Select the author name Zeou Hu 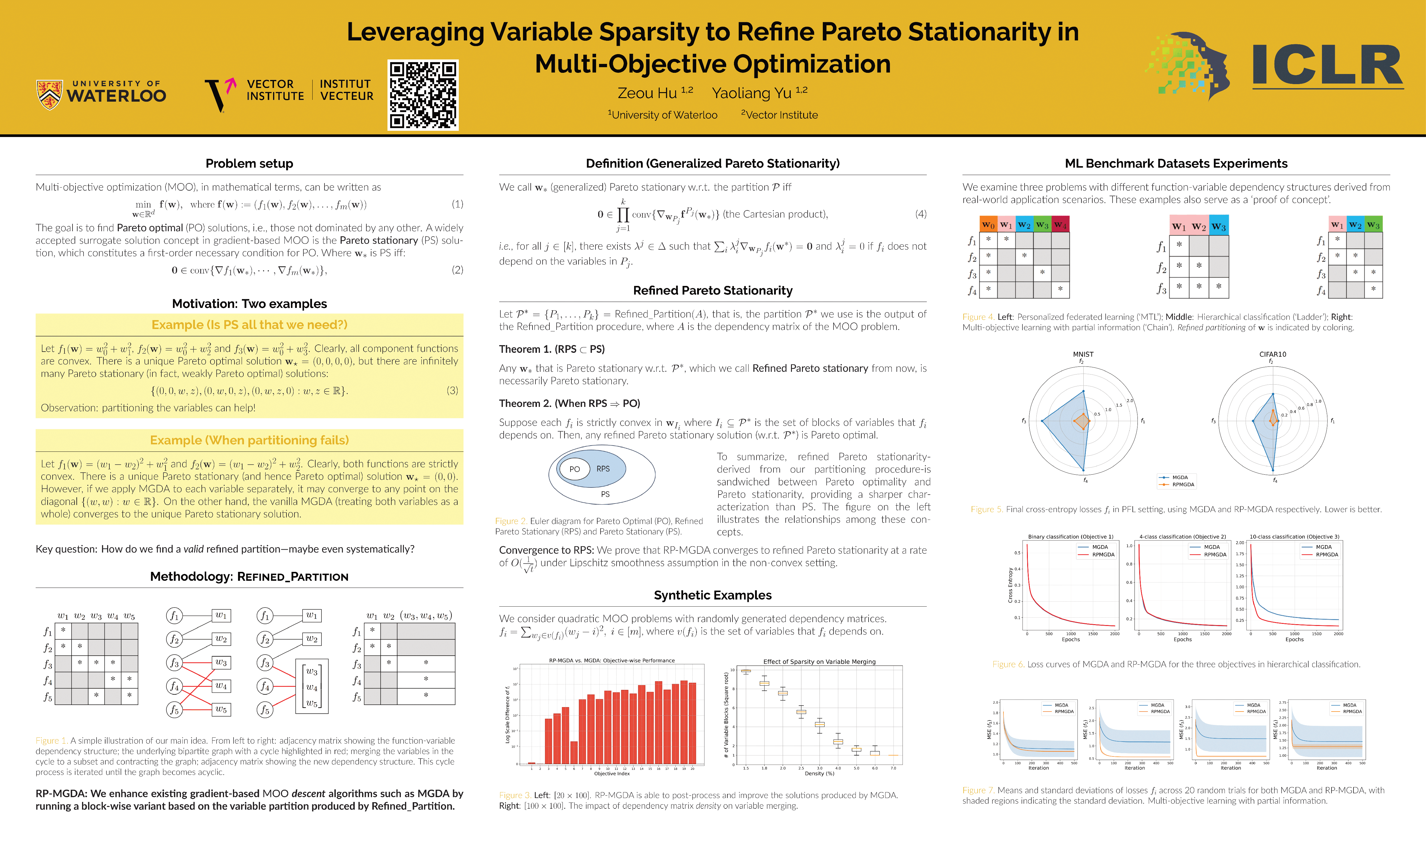[647, 93]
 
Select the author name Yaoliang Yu [751, 93]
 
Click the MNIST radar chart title [1083, 354]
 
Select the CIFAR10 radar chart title [1273, 354]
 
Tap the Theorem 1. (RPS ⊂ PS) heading [552, 349]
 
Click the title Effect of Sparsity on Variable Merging [819, 662]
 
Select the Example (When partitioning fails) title [249, 440]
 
